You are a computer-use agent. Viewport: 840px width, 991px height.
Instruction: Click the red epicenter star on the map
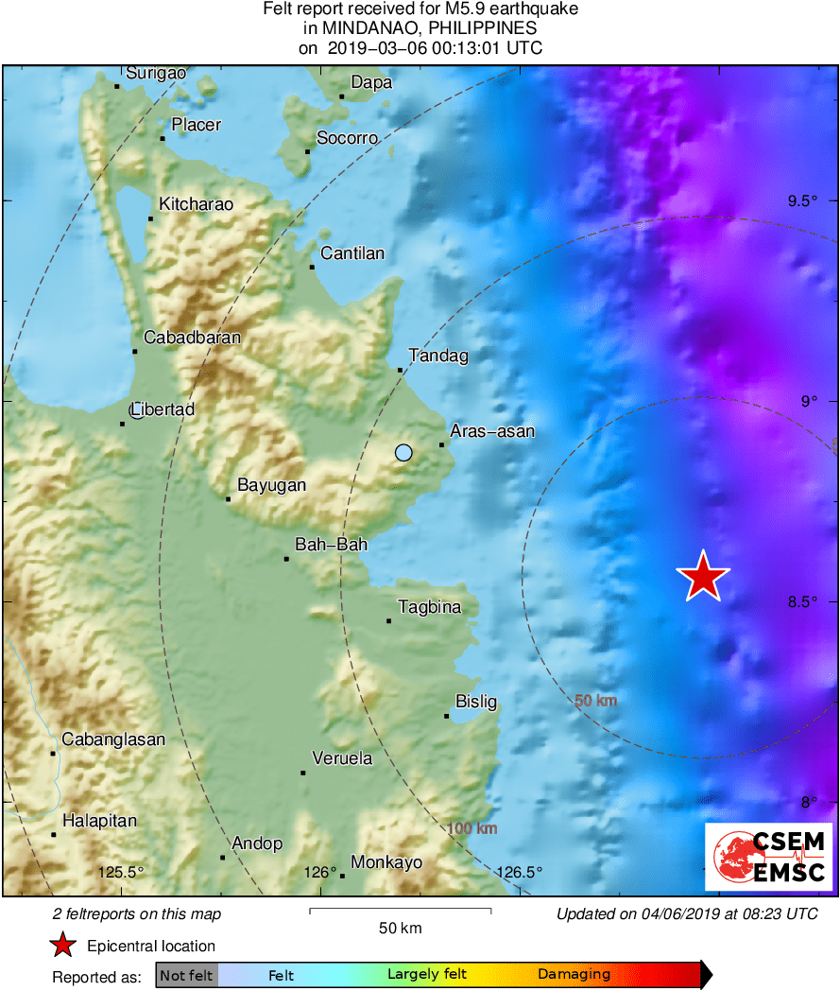point(703,576)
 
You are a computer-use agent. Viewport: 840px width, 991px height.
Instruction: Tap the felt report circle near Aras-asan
point(403,453)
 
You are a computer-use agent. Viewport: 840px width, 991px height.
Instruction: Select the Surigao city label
point(156,73)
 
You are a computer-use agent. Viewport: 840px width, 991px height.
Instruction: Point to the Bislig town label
point(476,702)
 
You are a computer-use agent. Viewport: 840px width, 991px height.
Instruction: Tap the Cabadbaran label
point(192,338)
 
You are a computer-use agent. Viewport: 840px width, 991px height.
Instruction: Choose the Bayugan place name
point(271,485)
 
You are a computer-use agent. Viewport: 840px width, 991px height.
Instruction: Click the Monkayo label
point(386,862)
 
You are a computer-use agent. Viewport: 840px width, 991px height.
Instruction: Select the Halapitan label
point(99,821)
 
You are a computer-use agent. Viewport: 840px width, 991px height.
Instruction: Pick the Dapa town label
point(371,83)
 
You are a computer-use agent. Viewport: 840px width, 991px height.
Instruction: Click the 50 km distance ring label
point(596,701)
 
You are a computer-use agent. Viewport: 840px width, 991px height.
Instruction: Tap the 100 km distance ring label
point(472,828)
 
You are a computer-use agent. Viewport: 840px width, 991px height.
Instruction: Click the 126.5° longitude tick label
point(520,872)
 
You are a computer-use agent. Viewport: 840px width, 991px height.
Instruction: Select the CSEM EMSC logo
point(767,856)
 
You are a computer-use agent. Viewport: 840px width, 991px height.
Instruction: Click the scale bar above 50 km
point(400,911)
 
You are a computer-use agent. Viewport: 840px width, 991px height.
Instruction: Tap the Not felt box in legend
point(186,975)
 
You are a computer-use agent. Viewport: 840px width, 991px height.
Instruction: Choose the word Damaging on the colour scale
point(574,975)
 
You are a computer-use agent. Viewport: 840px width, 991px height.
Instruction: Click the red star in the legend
point(62,946)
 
